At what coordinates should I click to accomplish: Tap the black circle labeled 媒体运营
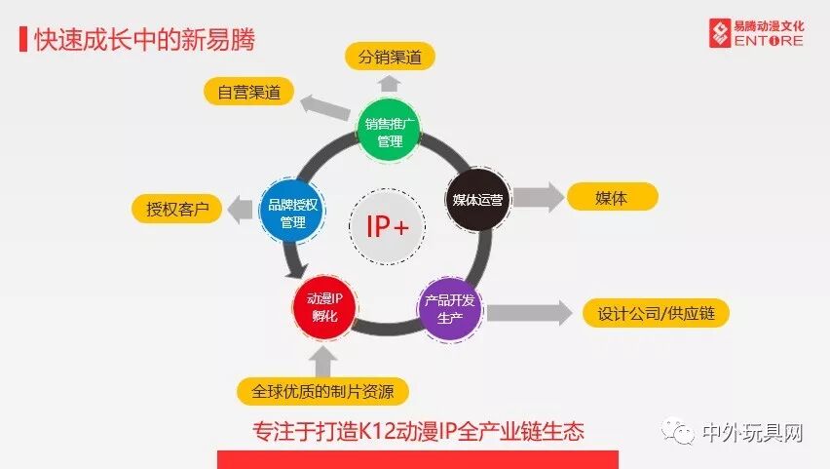(x=478, y=201)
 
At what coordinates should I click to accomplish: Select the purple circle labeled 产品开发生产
(x=450, y=309)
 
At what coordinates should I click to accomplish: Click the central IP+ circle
(x=387, y=226)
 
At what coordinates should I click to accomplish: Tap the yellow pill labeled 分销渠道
(x=390, y=57)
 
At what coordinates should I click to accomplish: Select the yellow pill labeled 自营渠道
(x=248, y=92)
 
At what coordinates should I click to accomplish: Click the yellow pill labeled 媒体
(x=612, y=197)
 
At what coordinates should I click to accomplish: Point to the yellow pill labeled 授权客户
(x=176, y=210)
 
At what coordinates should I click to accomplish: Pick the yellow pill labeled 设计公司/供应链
(x=656, y=314)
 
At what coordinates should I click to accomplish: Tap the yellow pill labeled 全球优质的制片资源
(x=321, y=392)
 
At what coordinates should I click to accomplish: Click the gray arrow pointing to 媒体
(x=538, y=197)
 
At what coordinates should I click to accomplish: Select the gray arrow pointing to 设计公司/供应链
(x=528, y=313)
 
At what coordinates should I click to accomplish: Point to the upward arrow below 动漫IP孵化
(x=323, y=359)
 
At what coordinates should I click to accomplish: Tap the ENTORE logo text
(x=768, y=41)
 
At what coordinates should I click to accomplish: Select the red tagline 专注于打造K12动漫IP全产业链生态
(x=418, y=430)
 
